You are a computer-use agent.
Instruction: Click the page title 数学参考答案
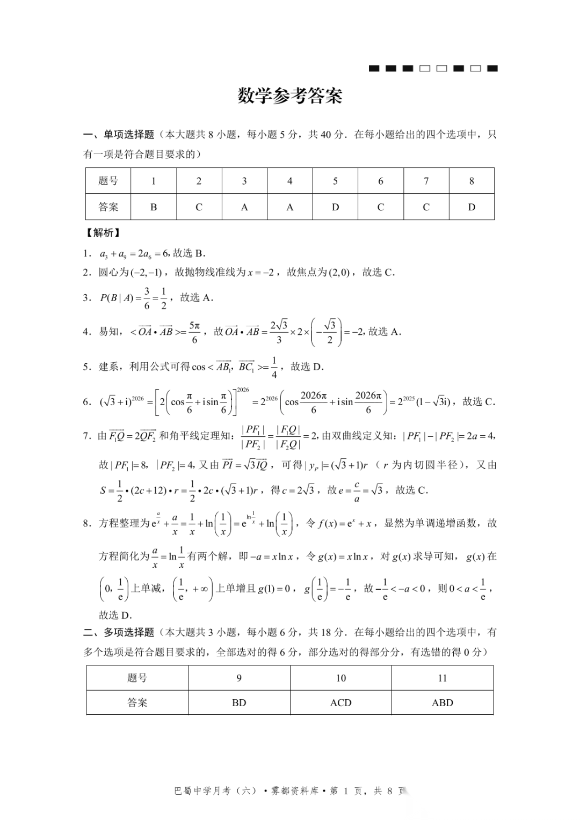pos(290,96)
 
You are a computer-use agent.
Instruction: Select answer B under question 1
pos(154,207)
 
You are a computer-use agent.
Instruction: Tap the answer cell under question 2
pos(199,207)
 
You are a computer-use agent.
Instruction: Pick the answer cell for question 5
pos(335,207)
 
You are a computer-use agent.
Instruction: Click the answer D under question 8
pos(472,207)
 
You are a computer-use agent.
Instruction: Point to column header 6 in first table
pos(381,181)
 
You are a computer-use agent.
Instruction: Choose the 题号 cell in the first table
pos(108,181)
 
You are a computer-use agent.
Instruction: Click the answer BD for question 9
pos(239,703)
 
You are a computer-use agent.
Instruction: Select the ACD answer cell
pos(340,703)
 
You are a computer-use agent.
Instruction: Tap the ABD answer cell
pos(443,703)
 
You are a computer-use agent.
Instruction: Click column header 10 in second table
pos(340,678)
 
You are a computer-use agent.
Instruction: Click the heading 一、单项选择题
pos(119,135)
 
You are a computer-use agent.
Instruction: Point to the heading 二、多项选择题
pos(119,633)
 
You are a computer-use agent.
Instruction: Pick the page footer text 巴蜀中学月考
pos(204,791)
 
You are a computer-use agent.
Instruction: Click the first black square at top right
pos(374,69)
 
